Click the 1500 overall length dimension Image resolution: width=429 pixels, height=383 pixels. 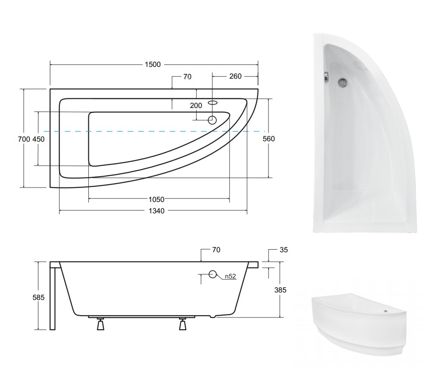[x=153, y=65]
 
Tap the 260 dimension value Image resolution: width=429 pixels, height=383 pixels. [x=235, y=77]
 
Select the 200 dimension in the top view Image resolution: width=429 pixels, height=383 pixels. [x=196, y=105]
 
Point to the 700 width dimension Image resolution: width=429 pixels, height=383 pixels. [x=24, y=139]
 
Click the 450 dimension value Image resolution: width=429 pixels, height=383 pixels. [x=38, y=139]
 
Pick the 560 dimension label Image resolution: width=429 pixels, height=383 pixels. [x=269, y=139]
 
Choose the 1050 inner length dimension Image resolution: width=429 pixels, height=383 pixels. [x=157, y=199]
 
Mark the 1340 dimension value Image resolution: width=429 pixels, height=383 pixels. [x=157, y=211]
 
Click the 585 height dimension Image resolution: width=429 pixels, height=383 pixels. [x=38, y=297]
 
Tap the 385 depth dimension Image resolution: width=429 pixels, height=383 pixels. [x=280, y=290]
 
